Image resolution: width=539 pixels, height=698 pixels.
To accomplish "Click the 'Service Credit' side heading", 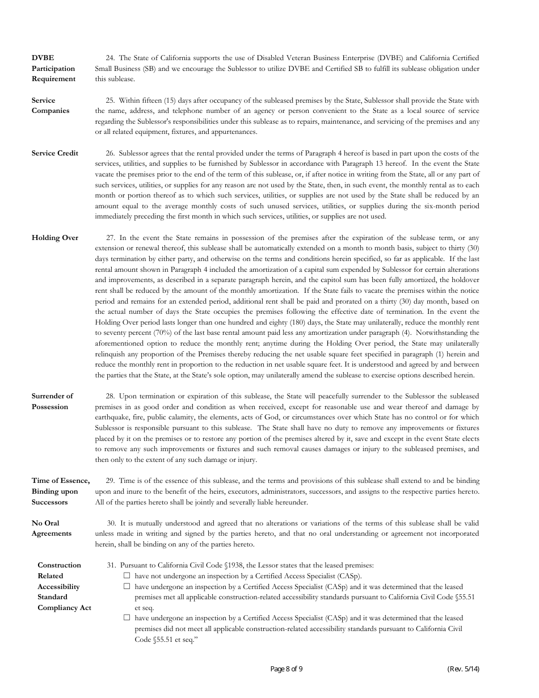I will (x=55, y=153).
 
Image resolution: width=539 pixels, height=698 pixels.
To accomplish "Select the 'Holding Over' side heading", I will (x=55, y=238).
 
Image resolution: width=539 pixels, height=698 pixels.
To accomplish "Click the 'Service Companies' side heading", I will (x=50, y=106).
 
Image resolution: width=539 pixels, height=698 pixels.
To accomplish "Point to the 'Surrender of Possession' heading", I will (x=52, y=401).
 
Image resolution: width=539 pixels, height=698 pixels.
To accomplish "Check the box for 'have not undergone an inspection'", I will (x=127, y=575).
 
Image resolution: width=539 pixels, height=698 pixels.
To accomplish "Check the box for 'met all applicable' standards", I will (x=127, y=586).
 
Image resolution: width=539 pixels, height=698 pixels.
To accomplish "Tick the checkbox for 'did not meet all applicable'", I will (x=127, y=617).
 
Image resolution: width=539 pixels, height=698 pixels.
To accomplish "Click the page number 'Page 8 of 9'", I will (x=287, y=669).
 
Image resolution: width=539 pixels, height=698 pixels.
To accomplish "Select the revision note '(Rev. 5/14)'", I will (x=463, y=669).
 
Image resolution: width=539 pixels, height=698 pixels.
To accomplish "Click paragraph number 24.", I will (x=110, y=58).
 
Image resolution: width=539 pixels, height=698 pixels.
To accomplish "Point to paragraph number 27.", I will (x=110, y=238).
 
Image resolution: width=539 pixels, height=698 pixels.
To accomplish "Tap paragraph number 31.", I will (x=111, y=565).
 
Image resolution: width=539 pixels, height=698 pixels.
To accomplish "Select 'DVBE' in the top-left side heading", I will (x=43, y=58).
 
